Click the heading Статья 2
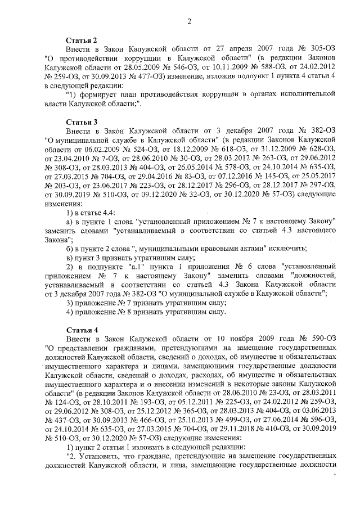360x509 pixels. point(82,40)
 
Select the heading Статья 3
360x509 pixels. point(82,121)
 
